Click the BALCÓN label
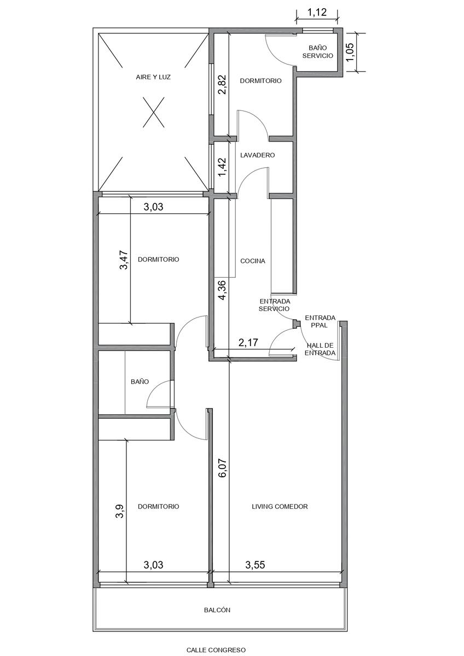(217, 610)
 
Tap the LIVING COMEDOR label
(280, 506)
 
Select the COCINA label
(253, 261)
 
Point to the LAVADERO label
(257, 155)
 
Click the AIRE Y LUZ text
(153, 77)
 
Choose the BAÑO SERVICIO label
(318, 51)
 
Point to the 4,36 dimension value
(222, 290)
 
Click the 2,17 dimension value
(248, 342)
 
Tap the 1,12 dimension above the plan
(317, 12)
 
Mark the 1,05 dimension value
(351, 52)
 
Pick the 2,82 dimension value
(222, 84)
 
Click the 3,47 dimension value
(124, 260)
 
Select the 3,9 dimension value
(119, 512)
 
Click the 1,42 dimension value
(222, 167)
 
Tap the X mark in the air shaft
(153, 113)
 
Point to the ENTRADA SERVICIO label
(274, 305)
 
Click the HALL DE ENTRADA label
(320, 349)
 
